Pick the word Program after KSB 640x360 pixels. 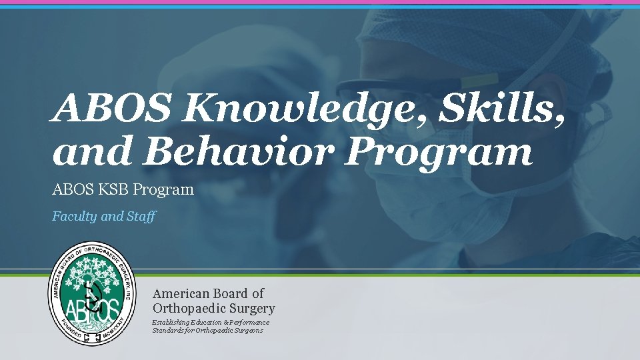pos(163,190)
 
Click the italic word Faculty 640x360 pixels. pos(75,217)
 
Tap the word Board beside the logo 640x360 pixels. pos(231,293)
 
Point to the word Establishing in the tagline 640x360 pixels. pos(172,322)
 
